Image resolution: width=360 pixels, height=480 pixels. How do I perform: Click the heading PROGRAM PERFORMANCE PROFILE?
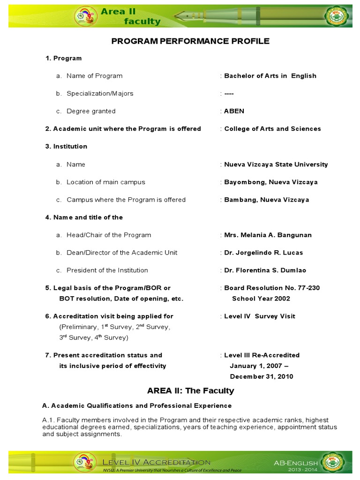click(x=190, y=41)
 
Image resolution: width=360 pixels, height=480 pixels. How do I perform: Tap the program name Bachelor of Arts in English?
click(x=270, y=76)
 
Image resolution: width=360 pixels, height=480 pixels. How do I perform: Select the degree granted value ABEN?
click(x=234, y=111)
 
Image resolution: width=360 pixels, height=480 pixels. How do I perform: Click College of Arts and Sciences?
click(x=272, y=129)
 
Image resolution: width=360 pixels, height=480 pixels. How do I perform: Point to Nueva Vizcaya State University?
click(x=276, y=165)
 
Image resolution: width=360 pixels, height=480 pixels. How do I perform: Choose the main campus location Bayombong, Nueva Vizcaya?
click(x=270, y=182)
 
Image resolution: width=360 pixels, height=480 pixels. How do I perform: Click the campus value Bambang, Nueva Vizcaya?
click(x=266, y=200)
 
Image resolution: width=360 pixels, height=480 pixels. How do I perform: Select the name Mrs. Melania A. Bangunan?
click(x=268, y=235)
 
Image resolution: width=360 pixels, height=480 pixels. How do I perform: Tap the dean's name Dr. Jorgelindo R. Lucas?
click(x=263, y=253)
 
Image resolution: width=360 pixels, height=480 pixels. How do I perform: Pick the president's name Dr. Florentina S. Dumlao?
click(x=267, y=270)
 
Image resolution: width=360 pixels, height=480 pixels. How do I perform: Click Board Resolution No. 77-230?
click(x=272, y=288)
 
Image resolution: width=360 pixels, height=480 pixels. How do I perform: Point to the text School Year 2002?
click(x=261, y=299)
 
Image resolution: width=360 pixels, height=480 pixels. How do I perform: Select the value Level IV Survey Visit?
click(x=260, y=316)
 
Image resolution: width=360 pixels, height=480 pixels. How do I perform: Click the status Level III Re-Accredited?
click(x=262, y=355)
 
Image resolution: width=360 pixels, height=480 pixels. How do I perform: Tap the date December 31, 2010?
click(x=261, y=376)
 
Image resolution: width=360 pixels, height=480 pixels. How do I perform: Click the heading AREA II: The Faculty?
click(x=190, y=390)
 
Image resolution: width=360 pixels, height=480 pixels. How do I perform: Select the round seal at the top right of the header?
click(x=338, y=17)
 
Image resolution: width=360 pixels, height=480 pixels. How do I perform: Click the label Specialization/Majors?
click(x=100, y=93)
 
